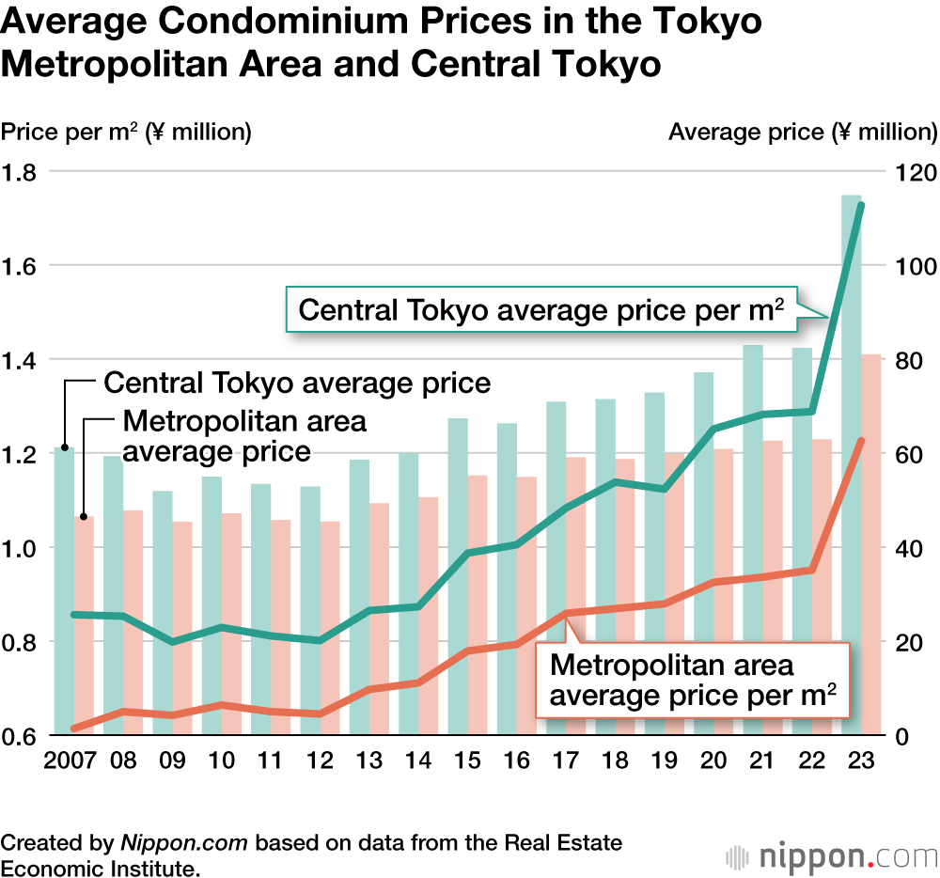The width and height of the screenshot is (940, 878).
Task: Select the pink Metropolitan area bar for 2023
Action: (871, 545)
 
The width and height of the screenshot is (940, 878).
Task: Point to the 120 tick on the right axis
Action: (916, 173)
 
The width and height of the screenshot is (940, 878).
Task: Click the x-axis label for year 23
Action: (860, 759)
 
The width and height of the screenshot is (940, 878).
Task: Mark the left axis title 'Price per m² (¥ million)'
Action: (126, 132)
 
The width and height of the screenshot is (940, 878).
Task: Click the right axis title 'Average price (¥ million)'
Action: (802, 132)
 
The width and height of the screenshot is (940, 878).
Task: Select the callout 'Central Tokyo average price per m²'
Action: (540, 309)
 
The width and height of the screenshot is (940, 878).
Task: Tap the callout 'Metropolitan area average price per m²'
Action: (692, 681)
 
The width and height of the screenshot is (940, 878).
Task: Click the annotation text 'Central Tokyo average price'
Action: (297, 383)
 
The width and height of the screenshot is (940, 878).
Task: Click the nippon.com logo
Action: (833, 857)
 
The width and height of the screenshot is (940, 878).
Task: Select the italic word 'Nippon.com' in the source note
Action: (183, 842)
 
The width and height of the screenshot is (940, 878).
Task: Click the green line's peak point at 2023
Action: (859, 205)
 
